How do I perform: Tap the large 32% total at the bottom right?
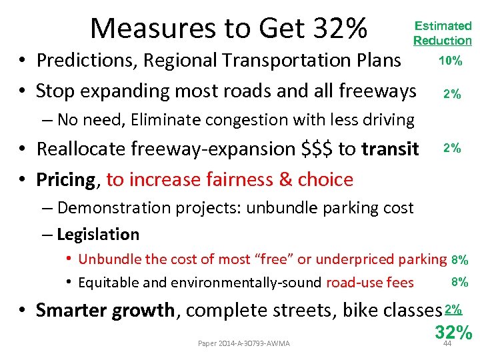(x=453, y=331)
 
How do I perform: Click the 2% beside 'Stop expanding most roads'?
(x=453, y=94)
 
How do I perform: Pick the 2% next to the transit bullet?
(x=453, y=148)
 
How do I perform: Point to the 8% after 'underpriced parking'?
(x=459, y=260)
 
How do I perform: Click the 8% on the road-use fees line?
(x=459, y=282)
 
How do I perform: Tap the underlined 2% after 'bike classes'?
(x=453, y=309)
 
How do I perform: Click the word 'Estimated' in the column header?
(x=443, y=26)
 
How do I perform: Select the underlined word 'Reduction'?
(x=442, y=41)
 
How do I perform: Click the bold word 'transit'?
(x=390, y=149)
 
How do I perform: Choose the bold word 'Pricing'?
(x=66, y=179)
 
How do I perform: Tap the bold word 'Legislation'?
(x=98, y=235)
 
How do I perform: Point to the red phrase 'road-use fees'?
(x=369, y=283)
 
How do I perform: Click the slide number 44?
(x=447, y=343)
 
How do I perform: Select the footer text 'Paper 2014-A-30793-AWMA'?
(x=244, y=343)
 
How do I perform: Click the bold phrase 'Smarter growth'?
(x=105, y=311)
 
